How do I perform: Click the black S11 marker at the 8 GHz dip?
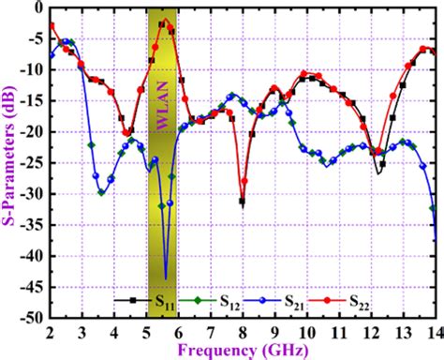pos(243,202)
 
